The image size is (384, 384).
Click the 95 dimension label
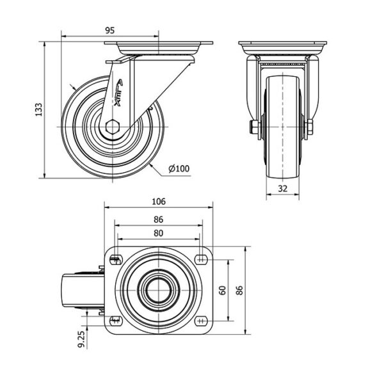pyautogui.click(x=109, y=30)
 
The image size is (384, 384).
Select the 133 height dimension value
pyautogui.click(x=38, y=109)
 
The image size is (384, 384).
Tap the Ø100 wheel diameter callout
pyautogui.click(x=179, y=168)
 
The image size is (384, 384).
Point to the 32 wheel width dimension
pyautogui.click(x=283, y=188)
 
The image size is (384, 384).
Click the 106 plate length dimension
pyautogui.click(x=159, y=202)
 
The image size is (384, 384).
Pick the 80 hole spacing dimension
pyautogui.click(x=159, y=233)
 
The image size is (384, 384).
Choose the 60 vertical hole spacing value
pyautogui.click(x=222, y=290)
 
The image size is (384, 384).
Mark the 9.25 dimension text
pyautogui.click(x=81, y=339)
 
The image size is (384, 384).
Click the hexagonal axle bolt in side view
pyautogui.click(x=112, y=127)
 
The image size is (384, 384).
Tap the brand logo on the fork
pyautogui.click(x=118, y=93)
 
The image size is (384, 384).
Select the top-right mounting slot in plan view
pyautogui.click(x=201, y=259)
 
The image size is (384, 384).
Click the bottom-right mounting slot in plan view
pyautogui.click(x=201, y=321)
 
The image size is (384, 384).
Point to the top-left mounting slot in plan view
pyautogui.click(x=116, y=260)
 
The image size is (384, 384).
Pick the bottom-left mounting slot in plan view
pyautogui.click(x=116, y=321)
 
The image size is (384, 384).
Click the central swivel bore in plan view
pyautogui.click(x=159, y=290)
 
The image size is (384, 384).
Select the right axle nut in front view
pyautogui.click(x=310, y=127)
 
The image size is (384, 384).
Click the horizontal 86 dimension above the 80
pyautogui.click(x=159, y=220)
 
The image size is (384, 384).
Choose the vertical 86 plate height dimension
pyautogui.click(x=239, y=290)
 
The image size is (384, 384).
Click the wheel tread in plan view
pyautogui.click(x=83, y=290)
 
